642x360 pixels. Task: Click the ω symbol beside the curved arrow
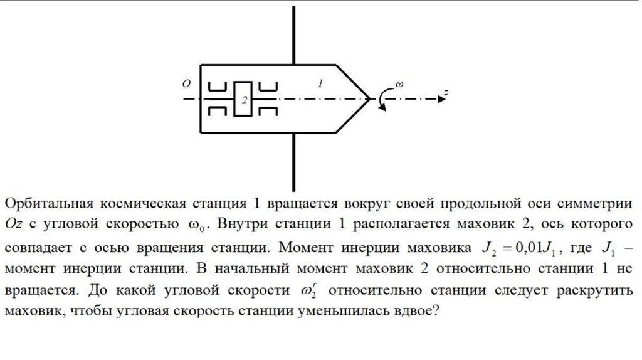pos(399,83)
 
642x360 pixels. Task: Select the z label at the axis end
pos(445,93)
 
